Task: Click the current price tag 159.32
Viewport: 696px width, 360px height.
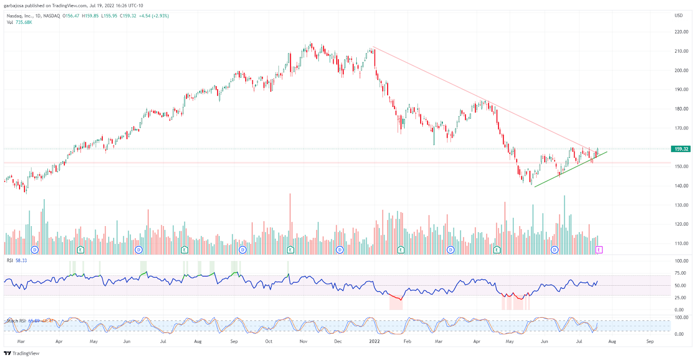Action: coord(681,149)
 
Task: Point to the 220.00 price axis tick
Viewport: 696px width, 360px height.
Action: coord(681,32)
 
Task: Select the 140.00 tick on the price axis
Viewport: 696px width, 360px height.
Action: coord(681,186)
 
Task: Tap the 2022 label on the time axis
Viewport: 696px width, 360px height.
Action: coord(374,341)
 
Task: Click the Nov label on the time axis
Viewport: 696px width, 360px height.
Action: coord(303,341)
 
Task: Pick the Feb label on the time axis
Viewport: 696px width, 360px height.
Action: coord(407,341)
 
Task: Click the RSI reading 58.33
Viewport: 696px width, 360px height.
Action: coord(21,260)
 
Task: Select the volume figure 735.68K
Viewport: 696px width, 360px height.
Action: coord(24,22)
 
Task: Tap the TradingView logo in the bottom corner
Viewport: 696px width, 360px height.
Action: coord(22,353)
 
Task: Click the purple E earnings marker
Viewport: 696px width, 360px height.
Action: coord(599,250)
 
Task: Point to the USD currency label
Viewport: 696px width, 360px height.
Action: coord(679,16)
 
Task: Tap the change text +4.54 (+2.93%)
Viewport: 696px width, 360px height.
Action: coord(154,16)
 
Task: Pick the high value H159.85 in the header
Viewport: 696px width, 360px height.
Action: coord(90,16)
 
